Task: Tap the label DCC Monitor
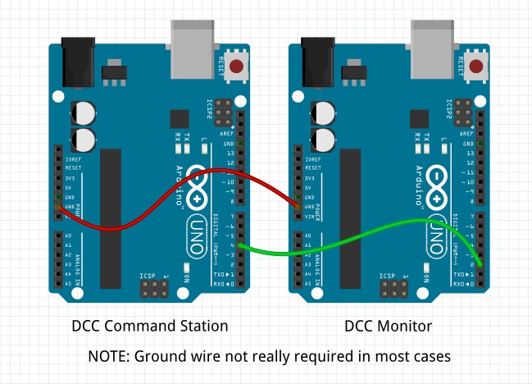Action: [388, 326]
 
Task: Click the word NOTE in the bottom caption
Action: [107, 357]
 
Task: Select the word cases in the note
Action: [430, 357]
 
